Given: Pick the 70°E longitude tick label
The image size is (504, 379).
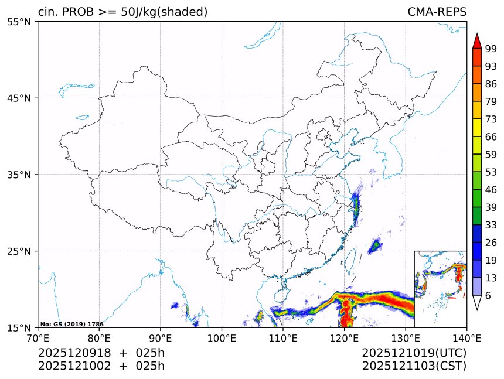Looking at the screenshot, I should (38, 337).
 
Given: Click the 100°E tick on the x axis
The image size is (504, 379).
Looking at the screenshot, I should (222, 337).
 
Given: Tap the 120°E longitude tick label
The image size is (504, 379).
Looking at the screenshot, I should (344, 337).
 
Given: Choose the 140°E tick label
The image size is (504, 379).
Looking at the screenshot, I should (466, 337).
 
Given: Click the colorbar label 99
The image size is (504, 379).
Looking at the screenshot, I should (491, 49).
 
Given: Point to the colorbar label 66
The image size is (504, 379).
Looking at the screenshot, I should (491, 137).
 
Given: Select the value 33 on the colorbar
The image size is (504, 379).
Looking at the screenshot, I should (491, 225).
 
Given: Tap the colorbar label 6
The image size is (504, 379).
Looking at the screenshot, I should (488, 295).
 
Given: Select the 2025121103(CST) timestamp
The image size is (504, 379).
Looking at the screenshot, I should (414, 366).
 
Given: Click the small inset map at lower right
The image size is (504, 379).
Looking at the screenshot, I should (440, 289).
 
